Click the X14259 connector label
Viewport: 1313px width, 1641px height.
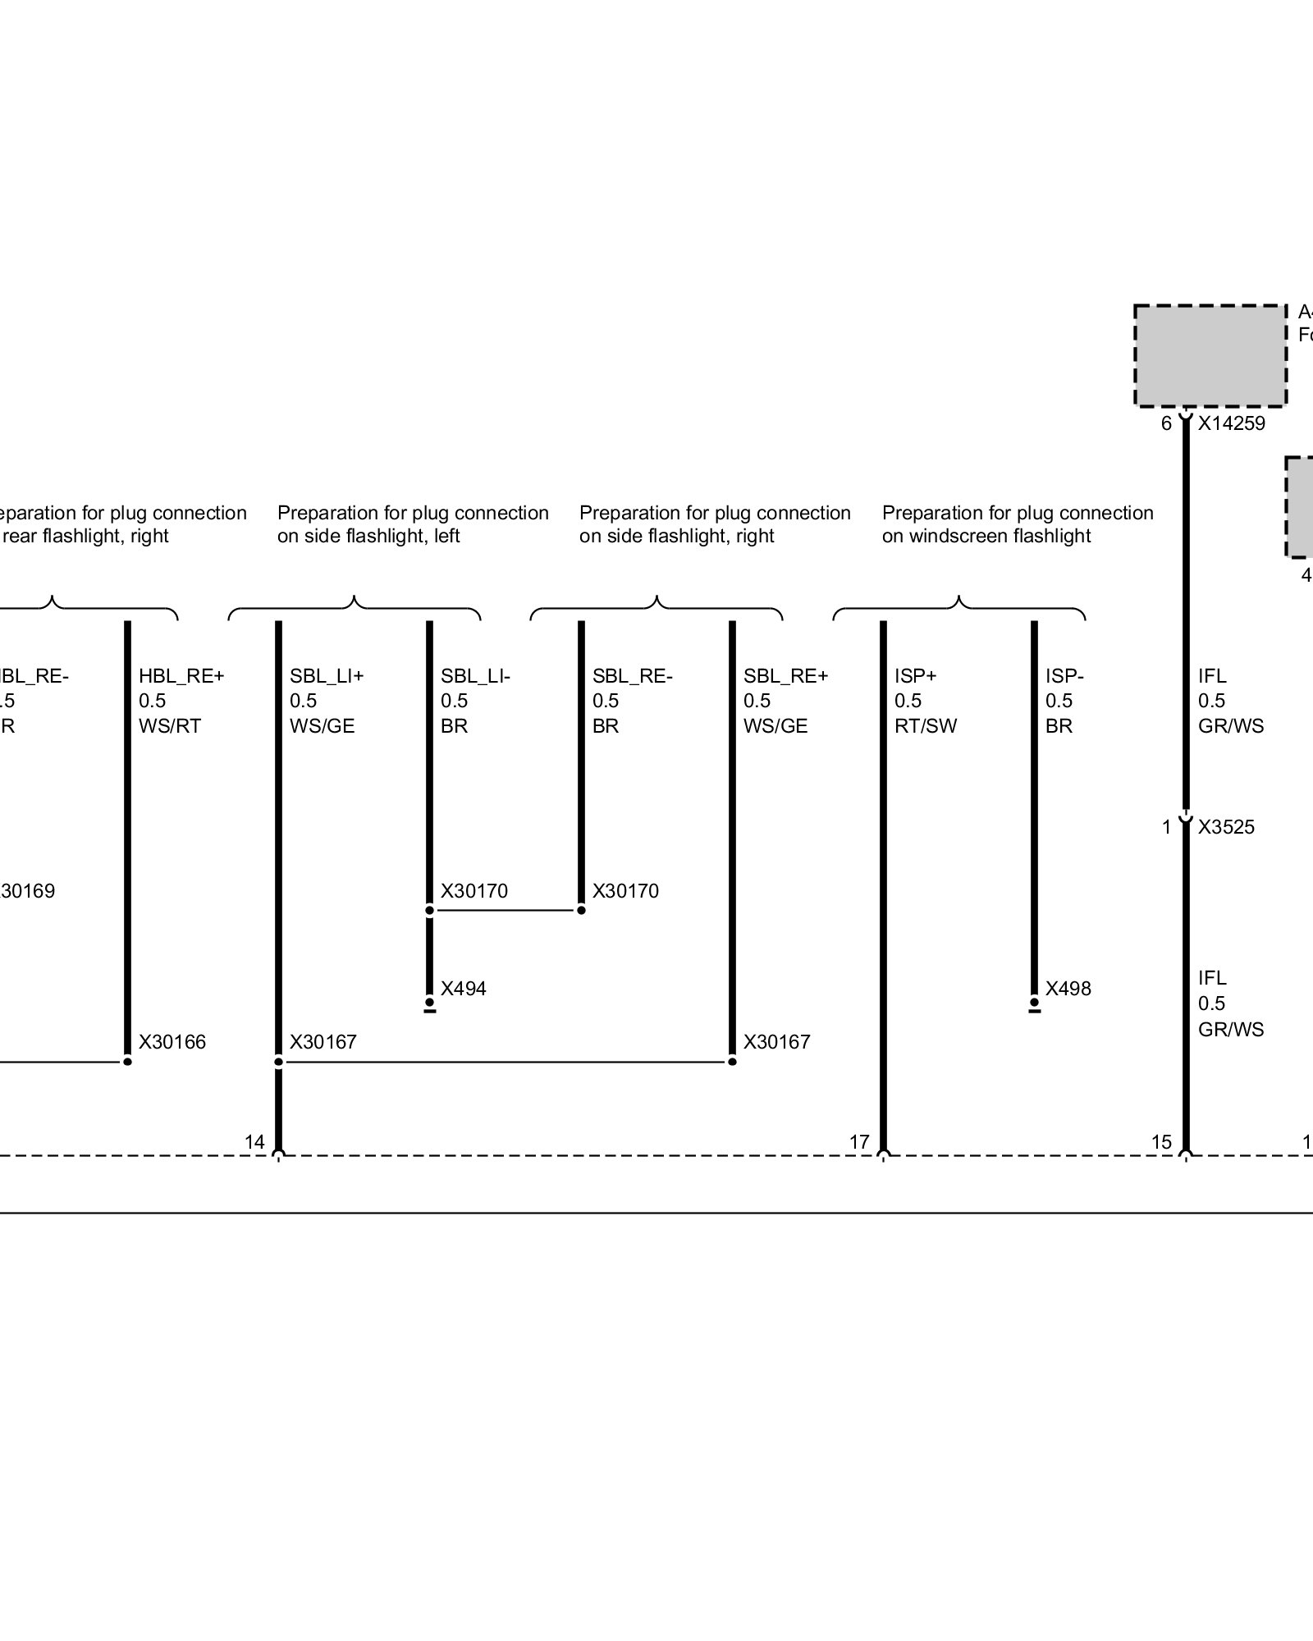point(1231,424)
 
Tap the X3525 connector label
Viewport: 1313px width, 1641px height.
point(1226,827)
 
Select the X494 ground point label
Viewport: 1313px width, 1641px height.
point(463,989)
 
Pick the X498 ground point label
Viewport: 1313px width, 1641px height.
point(1068,989)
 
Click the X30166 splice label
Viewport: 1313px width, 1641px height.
point(172,1042)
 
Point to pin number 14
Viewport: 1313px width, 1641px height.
point(254,1141)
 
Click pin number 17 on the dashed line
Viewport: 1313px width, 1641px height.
point(859,1141)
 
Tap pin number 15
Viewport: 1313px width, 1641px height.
point(1161,1141)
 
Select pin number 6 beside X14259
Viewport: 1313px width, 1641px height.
point(1166,424)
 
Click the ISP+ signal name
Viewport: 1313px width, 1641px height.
point(915,676)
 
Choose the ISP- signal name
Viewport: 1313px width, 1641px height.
point(1064,676)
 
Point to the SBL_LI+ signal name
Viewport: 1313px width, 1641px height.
point(326,676)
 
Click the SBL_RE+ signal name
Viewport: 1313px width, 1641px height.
point(785,676)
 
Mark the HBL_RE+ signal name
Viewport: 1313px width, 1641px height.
point(181,676)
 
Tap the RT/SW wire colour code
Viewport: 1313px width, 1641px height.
point(926,726)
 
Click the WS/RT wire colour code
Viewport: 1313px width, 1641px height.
point(170,726)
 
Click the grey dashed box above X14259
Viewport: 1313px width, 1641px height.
point(1210,355)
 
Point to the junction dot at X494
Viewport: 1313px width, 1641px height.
point(429,1003)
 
